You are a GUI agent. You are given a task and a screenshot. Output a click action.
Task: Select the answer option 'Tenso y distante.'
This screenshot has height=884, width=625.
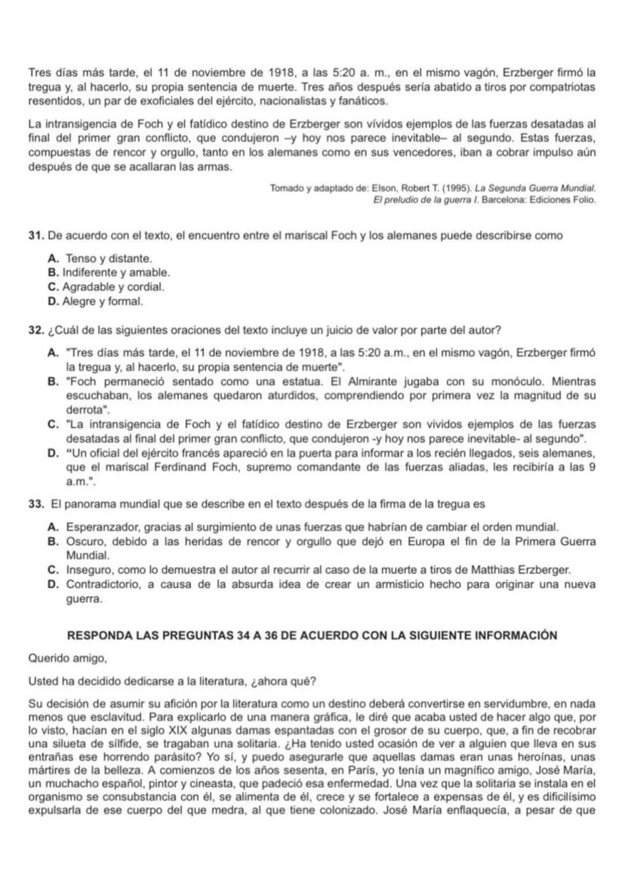click(103, 259)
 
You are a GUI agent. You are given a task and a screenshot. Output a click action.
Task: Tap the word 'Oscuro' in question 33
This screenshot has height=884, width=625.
click(83, 541)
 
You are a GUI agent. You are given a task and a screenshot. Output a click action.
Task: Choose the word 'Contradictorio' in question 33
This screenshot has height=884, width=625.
click(104, 584)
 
